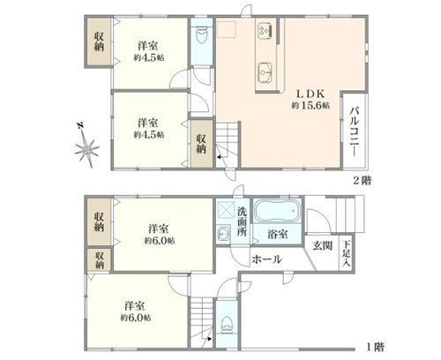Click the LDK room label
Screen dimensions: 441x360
pyautogui.click(x=310, y=94)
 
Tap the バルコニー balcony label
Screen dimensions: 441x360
pyautogui.click(x=355, y=131)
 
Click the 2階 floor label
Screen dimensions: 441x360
pyautogui.click(x=363, y=180)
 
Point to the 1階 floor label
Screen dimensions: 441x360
pyautogui.click(x=375, y=347)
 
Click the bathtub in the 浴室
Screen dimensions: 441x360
pyautogui.click(x=277, y=211)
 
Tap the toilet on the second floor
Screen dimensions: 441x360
pyautogui.click(x=201, y=34)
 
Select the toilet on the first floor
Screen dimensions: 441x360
pyautogui.click(x=227, y=325)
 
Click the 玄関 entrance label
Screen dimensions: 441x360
pyautogui.click(x=322, y=245)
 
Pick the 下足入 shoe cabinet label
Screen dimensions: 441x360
pyautogui.click(x=347, y=253)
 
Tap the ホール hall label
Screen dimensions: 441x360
pyautogui.click(x=267, y=259)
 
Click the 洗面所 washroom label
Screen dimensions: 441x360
pyautogui.click(x=242, y=221)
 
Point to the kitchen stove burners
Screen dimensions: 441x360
pyautogui.click(x=265, y=30)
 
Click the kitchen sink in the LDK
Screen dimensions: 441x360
pyautogui.click(x=265, y=72)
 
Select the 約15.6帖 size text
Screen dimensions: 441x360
pyautogui.click(x=310, y=105)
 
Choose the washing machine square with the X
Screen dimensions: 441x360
pyautogui.click(x=226, y=211)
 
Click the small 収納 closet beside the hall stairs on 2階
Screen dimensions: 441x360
pyautogui.click(x=201, y=144)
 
